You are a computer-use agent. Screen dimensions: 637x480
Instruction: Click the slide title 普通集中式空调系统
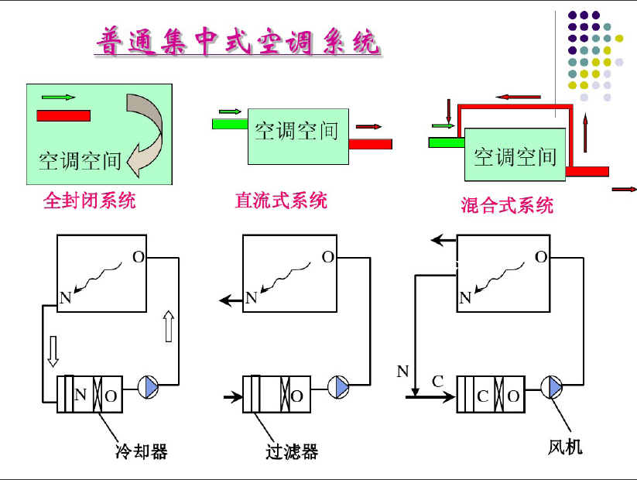238,41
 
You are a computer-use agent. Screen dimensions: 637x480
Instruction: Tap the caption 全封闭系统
89,201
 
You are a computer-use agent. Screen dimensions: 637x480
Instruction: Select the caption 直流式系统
281,201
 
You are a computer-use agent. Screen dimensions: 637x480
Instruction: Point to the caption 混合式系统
507,205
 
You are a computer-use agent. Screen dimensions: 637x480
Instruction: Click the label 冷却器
142,451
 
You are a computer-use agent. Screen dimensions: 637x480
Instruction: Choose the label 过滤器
292,451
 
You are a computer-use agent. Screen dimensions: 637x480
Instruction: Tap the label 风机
565,447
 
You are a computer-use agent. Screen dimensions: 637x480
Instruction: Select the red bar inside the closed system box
63,116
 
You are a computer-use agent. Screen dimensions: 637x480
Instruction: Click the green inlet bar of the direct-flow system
230,124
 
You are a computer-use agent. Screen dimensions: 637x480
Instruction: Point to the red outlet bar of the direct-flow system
370,144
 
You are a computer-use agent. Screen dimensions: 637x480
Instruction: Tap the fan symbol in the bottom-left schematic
149,387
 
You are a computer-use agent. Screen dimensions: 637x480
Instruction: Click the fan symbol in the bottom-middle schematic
338,387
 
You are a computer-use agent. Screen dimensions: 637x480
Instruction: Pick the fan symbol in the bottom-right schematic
552,387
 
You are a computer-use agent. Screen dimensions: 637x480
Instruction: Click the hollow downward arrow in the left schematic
53,351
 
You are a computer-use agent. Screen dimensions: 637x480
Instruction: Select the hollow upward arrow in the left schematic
169,326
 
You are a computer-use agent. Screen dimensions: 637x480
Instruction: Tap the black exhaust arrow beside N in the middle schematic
231,300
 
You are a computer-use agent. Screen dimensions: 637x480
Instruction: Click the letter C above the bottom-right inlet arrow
437,382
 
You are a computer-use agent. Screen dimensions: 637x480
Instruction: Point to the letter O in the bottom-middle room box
328,257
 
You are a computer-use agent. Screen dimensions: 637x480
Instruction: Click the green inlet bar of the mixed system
447,142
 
